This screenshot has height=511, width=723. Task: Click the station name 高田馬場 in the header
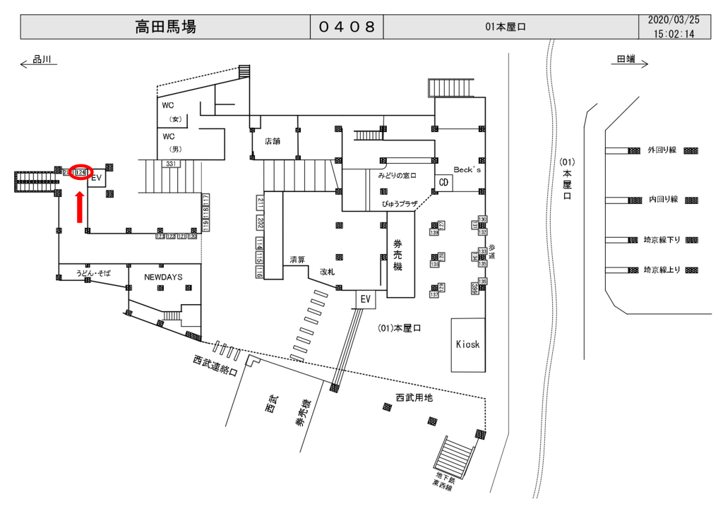point(165,28)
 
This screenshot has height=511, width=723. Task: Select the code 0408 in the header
point(347,28)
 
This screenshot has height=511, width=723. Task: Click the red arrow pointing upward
point(80,205)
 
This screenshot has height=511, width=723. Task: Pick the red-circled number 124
point(80,172)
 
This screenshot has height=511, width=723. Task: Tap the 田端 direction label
point(626,60)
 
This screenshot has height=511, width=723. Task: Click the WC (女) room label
point(170,112)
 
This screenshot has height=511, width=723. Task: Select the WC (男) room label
point(170,142)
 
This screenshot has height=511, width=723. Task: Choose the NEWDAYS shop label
point(163,277)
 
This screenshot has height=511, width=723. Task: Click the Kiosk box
point(467,344)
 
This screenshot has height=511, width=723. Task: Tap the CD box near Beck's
point(443,182)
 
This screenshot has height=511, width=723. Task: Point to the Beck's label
point(467,171)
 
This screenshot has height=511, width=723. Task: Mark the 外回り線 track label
point(662,150)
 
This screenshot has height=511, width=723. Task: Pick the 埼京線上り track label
point(662,270)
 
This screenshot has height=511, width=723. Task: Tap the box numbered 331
point(170,164)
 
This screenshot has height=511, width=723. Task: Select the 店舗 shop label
point(273,140)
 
